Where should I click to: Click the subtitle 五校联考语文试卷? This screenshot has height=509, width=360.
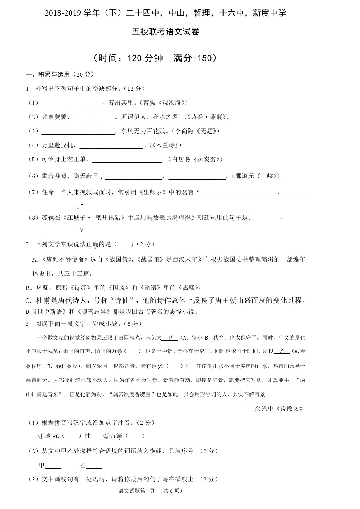pos(166,32)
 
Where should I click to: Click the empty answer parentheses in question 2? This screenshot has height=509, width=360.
pos(124,245)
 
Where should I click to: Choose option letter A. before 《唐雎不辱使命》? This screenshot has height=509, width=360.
pos(35,260)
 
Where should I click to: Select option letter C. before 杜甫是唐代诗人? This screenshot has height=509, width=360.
pos(29,301)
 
